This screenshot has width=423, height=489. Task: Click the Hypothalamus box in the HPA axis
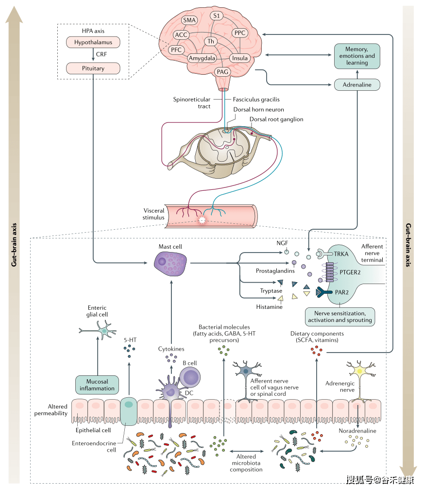point(93,43)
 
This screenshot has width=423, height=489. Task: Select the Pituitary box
point(93,68)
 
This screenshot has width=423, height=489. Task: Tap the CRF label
point(101,55)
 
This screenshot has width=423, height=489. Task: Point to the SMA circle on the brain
point(189,20)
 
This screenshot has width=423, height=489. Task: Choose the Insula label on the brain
point(240,58)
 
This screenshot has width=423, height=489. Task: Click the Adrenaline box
point(357,84)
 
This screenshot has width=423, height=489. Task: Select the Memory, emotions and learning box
point(357,56)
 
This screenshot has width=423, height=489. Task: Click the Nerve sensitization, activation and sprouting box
point(339,317)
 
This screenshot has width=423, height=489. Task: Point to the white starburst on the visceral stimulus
point(203,220)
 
